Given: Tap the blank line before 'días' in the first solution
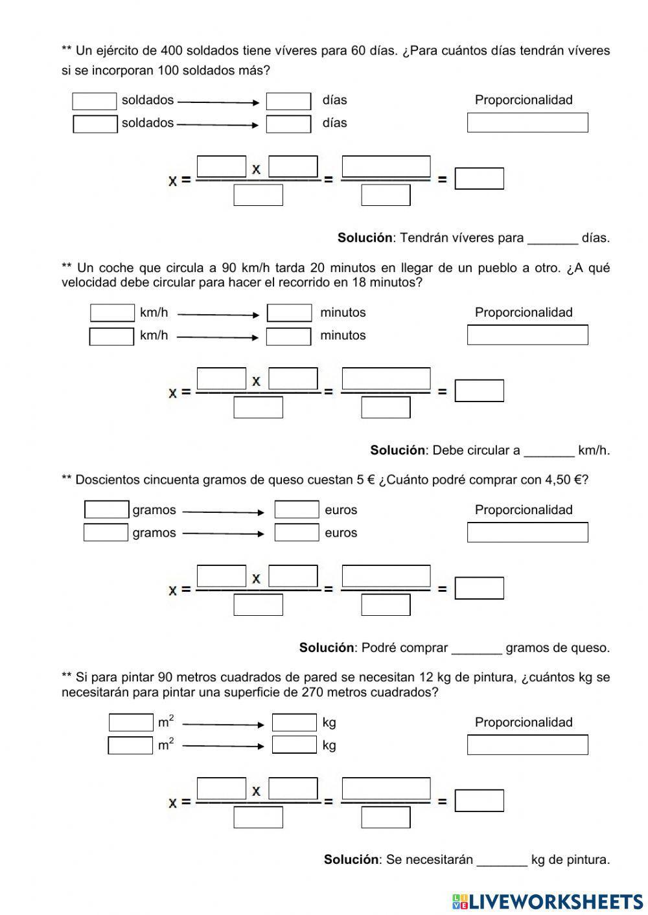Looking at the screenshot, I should click(552, 238).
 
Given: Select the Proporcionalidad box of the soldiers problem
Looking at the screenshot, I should click(527, 122).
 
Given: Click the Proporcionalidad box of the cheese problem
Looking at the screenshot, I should click(527, 532).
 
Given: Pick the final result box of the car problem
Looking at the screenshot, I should click(479, 391).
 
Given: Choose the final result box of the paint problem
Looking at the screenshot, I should click(479, 800).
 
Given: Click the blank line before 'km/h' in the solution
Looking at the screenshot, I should click(549, 451).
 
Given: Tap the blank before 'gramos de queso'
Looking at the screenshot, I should click(476, 648).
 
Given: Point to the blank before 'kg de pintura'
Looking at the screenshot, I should click(502, 860).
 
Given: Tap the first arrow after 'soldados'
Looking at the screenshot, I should click(218, 102).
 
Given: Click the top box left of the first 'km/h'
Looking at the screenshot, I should click(112, 313).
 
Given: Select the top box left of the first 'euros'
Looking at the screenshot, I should click(297, 510).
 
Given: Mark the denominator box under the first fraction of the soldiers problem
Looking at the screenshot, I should click(258, 195).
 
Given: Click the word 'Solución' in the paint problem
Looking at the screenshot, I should click(351, 860).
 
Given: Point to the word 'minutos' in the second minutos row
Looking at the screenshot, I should click(343, 335).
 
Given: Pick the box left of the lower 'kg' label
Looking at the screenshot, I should click(294, 745).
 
